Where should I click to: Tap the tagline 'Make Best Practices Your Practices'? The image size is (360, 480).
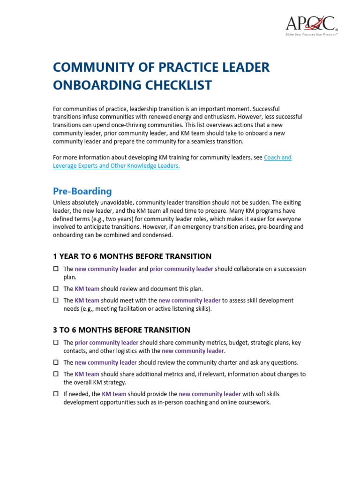(x=312, y=34)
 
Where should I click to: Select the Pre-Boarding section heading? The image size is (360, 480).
(x=82, y=191)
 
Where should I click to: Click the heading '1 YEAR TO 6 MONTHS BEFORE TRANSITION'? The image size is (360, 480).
(x=132, y=256)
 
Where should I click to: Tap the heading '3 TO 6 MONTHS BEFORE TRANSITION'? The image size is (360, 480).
(x=121, y=330)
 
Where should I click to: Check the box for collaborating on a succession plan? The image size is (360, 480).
(x=55, y=269)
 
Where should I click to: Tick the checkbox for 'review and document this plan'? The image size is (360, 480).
(x=55, y=289)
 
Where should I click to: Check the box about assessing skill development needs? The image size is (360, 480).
(x=55, y=300)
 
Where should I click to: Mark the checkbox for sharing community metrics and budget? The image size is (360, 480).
(x=55, y=343)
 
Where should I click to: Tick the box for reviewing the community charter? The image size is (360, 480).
(x=55, y=362)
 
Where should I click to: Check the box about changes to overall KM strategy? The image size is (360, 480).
(x=55, y=374)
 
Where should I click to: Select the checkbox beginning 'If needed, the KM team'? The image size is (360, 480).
(x=55, y=394)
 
